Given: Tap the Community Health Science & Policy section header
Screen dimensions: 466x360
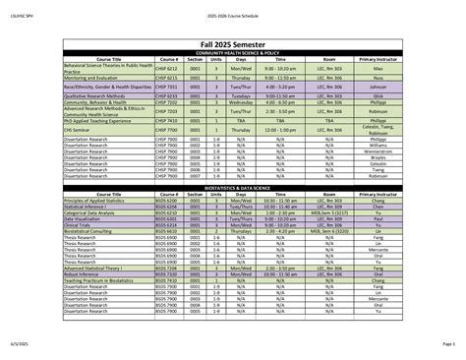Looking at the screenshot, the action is click(233, 51).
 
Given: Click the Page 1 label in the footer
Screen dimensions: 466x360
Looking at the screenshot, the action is click(447, 343).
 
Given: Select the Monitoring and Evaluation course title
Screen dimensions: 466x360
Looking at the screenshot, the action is click(92, 78).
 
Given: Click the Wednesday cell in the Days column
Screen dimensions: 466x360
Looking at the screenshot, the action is click(241, 101).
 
